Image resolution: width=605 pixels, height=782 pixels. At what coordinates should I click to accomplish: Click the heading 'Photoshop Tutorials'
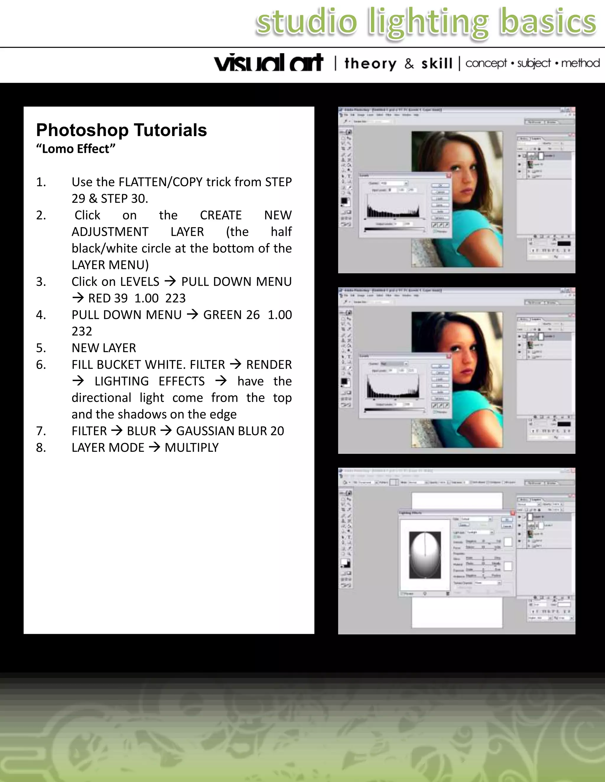(121, 130)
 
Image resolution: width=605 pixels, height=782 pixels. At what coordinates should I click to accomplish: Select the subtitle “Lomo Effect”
(76, 149)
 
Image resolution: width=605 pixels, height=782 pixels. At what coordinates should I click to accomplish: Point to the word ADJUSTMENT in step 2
(110, 232)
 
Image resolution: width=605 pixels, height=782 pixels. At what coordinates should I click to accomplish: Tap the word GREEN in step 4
(220, 315)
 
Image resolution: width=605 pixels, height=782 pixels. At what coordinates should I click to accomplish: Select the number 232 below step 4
(82, 331)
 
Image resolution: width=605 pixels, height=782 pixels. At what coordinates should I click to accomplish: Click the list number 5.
(40, 348)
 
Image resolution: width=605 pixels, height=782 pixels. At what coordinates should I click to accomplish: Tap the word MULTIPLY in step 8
(191, 448)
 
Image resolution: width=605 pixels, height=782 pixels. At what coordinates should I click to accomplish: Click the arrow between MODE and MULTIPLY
(154, 447)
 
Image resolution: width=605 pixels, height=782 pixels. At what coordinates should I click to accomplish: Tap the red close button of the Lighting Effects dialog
(513, 513)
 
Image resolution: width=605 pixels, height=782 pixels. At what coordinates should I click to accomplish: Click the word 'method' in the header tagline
(580, 63)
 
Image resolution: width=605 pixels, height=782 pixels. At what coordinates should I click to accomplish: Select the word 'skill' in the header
(437, 64)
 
